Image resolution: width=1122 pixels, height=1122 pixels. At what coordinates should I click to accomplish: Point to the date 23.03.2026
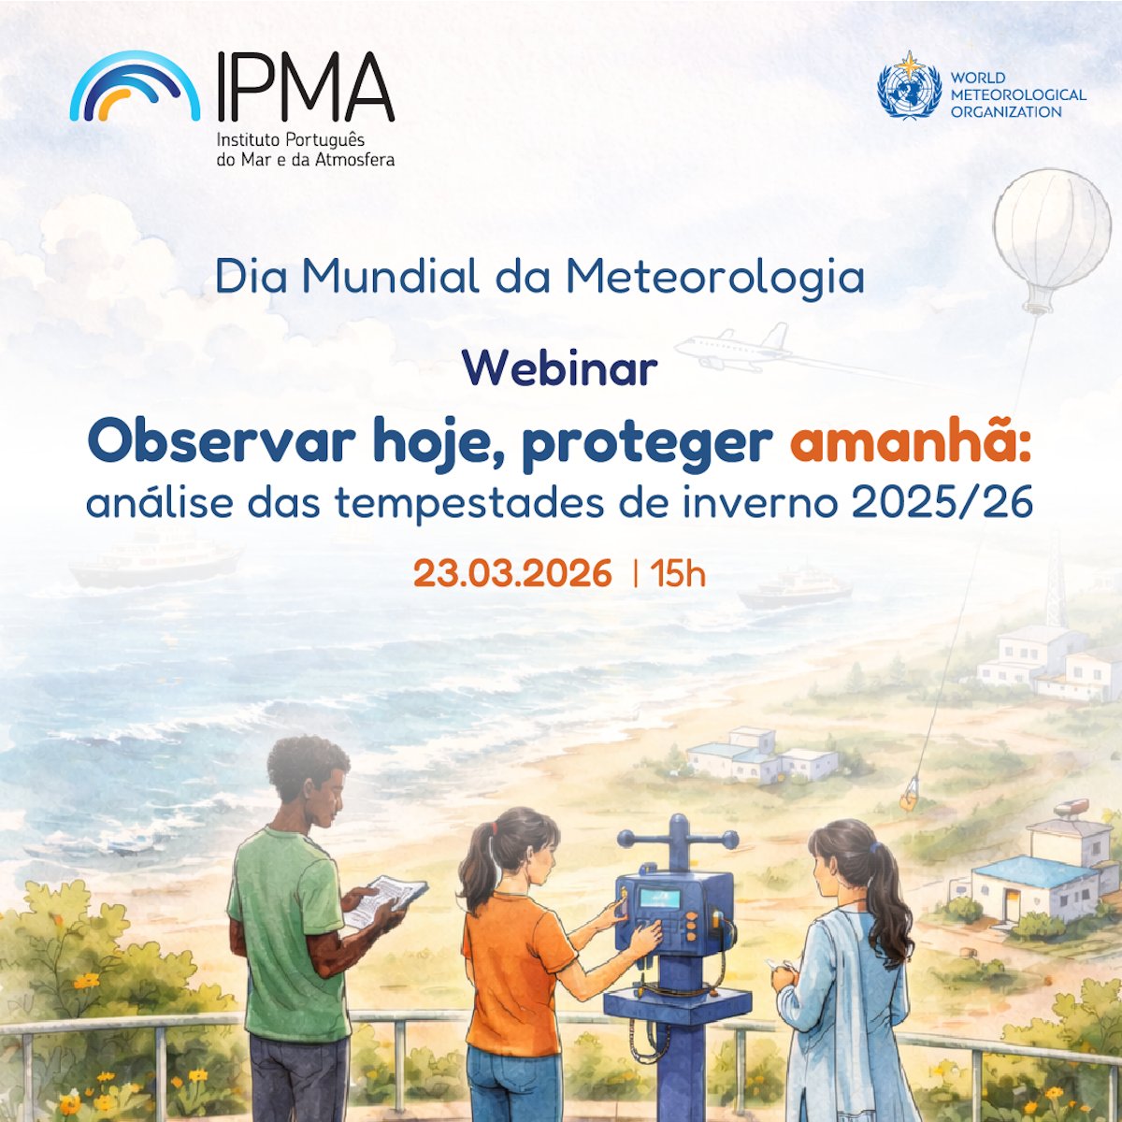512,573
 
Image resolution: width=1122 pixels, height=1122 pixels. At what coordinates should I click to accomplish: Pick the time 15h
679,573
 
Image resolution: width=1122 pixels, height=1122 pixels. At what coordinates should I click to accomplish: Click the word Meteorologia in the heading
715,277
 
